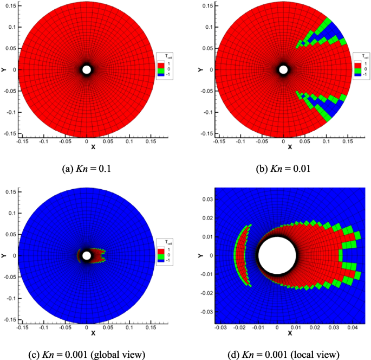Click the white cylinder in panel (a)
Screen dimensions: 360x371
87,69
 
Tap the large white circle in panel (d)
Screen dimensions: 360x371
277,255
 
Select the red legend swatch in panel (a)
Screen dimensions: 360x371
160,65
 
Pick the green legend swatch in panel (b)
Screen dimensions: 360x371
357,69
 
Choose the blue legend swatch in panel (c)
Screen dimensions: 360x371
160,261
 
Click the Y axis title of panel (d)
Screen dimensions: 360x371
200,255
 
